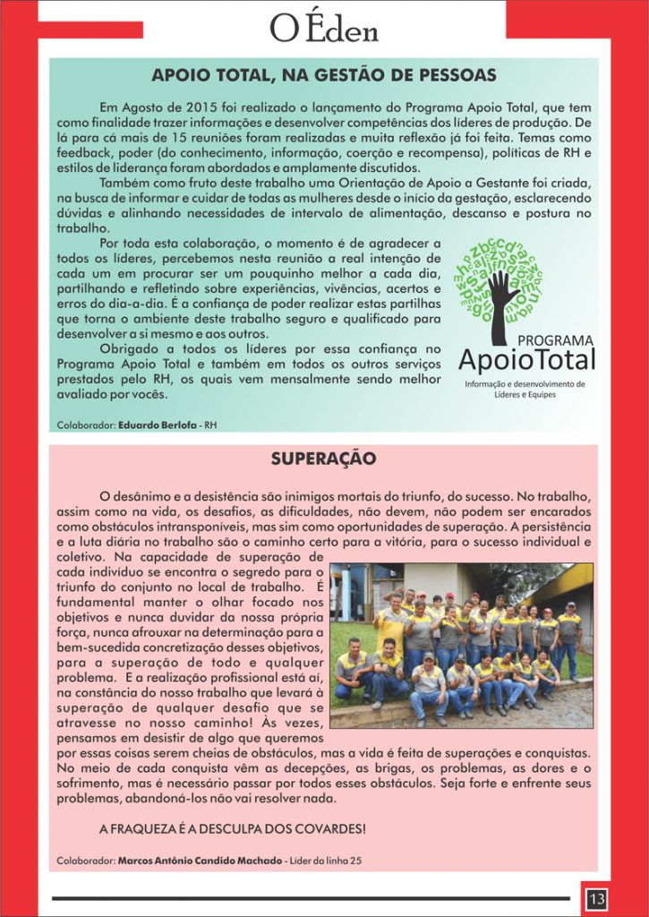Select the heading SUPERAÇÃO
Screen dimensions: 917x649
click(324, 459)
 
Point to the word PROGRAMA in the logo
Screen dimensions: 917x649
click(556, 340)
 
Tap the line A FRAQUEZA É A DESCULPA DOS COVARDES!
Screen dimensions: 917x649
click(232, 829)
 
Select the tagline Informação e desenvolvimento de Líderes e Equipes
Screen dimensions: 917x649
click(525, 390)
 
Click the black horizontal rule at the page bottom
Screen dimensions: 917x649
click(310, 897)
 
